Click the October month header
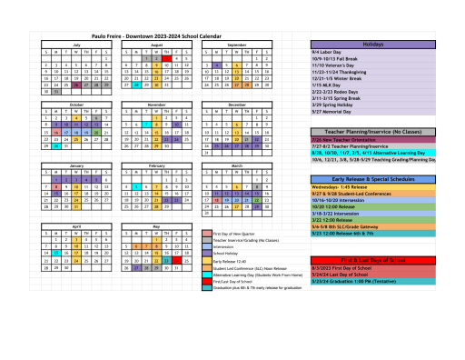point(76,105)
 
